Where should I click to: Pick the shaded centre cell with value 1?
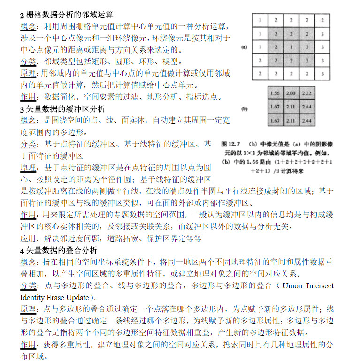coord(291,47)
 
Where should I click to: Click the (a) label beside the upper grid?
coord(244,47)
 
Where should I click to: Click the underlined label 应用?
coord(29,239)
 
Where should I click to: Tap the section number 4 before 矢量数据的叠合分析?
coord(22,250)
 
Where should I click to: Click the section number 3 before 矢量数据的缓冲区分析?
coord(22,109)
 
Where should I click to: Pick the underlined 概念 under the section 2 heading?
coord(29,27)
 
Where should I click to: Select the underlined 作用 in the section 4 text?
coord(29,345)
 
